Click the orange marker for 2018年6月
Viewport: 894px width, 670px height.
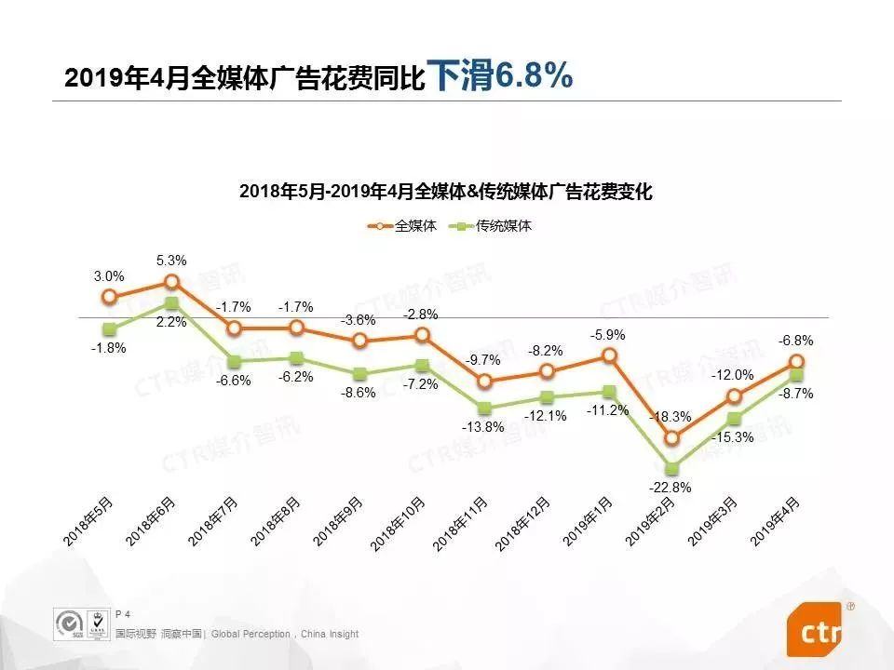(171, 281)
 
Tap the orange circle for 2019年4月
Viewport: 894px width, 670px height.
(796, 361)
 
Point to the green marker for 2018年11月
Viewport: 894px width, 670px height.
(484, 408)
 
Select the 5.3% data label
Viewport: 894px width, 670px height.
(171, 260)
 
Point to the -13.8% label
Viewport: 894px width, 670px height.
(484, 427)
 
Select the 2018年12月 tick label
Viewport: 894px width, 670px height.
(524, 525)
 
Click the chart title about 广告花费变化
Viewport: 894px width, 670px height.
(446, 193)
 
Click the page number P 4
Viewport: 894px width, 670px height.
(122, 614)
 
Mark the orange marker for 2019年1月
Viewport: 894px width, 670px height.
(609, 355)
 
